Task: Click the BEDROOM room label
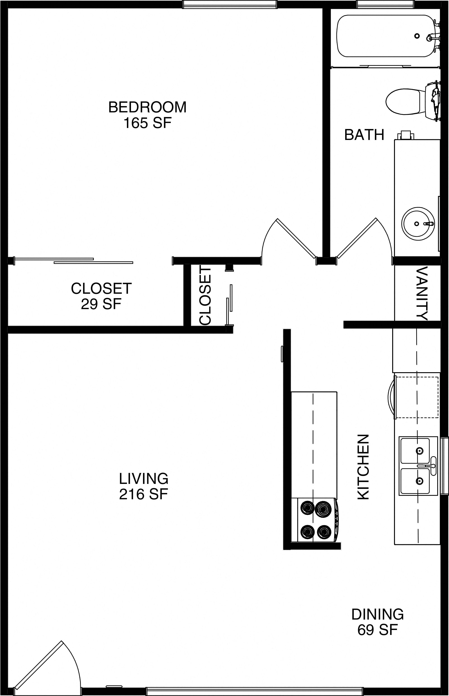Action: click(x=147, y=107)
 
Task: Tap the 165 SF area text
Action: click(x=147, y=123)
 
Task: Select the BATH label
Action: click(x=364, y=135)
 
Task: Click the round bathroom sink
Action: click(x=418, y=224)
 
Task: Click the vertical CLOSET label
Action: click(x=205, y=296)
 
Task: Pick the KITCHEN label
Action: click(x=363, y=467)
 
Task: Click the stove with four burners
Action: click(x=316, y=520)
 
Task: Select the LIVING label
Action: click(x=144, y=479)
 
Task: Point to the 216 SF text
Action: click(x=144, y=495)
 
